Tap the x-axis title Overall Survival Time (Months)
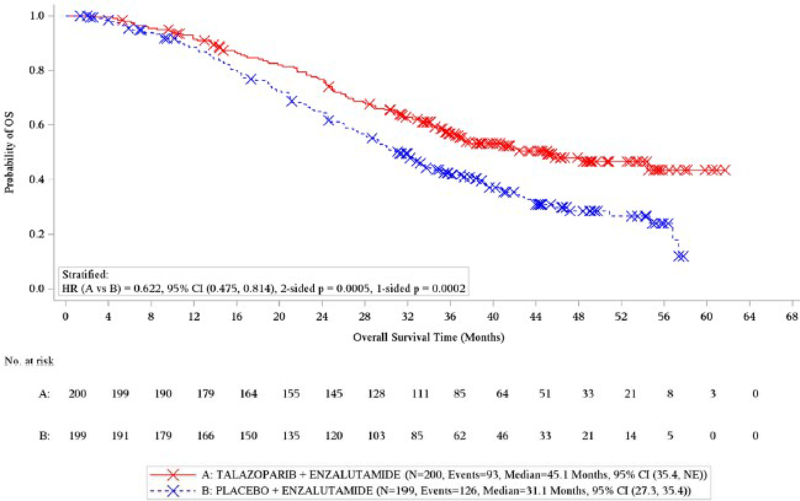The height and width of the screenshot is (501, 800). pyautogui.click(x=428, y=337)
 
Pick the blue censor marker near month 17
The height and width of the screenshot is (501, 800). pyautogui.click(x=251, y=79)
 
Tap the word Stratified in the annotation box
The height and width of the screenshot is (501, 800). pyautogui.click(x=85, y=275)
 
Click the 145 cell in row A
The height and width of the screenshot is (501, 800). pyautogui.click(x=334, y=394)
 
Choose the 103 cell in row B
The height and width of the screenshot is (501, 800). pyautogui.click(x=376, y=435)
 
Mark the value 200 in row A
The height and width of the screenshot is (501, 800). pyautogui.click(x=77, y=394)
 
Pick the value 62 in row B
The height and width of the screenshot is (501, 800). pyautogui.click(x=459, y=435)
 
